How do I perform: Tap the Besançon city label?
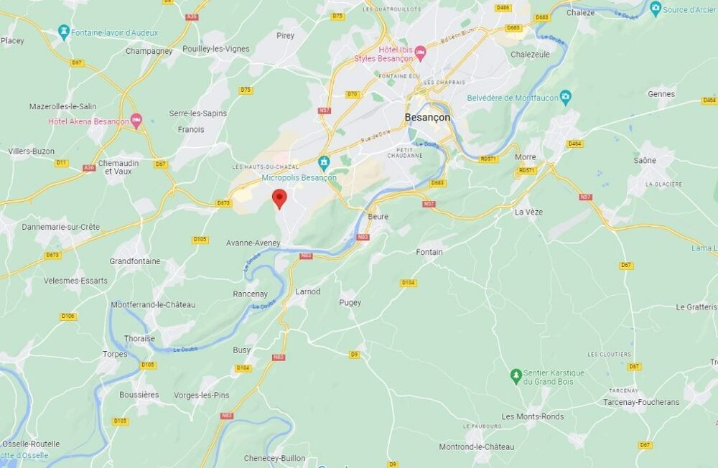tap(427, 117)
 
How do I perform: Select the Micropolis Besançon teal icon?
tap(324, 162)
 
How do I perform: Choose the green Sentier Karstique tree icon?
tap(516, 375)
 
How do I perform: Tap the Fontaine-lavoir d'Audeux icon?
tap(64, 32)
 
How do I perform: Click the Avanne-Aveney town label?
tap(253, 243)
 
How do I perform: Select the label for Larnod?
tap(307, 291)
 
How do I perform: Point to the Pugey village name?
tap(350, 303)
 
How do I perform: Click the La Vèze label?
tap(528, 212)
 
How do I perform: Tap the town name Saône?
tap(645, 160)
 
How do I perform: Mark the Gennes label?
tap(661, 93)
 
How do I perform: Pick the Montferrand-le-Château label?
tap(152, 304)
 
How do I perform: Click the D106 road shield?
tap(68, 316)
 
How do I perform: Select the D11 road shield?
tap(62, 163)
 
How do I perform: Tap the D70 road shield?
tap(352, 94)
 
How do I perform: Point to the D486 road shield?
tap(503, 8)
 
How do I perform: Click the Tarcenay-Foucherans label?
tap(640, 402)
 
